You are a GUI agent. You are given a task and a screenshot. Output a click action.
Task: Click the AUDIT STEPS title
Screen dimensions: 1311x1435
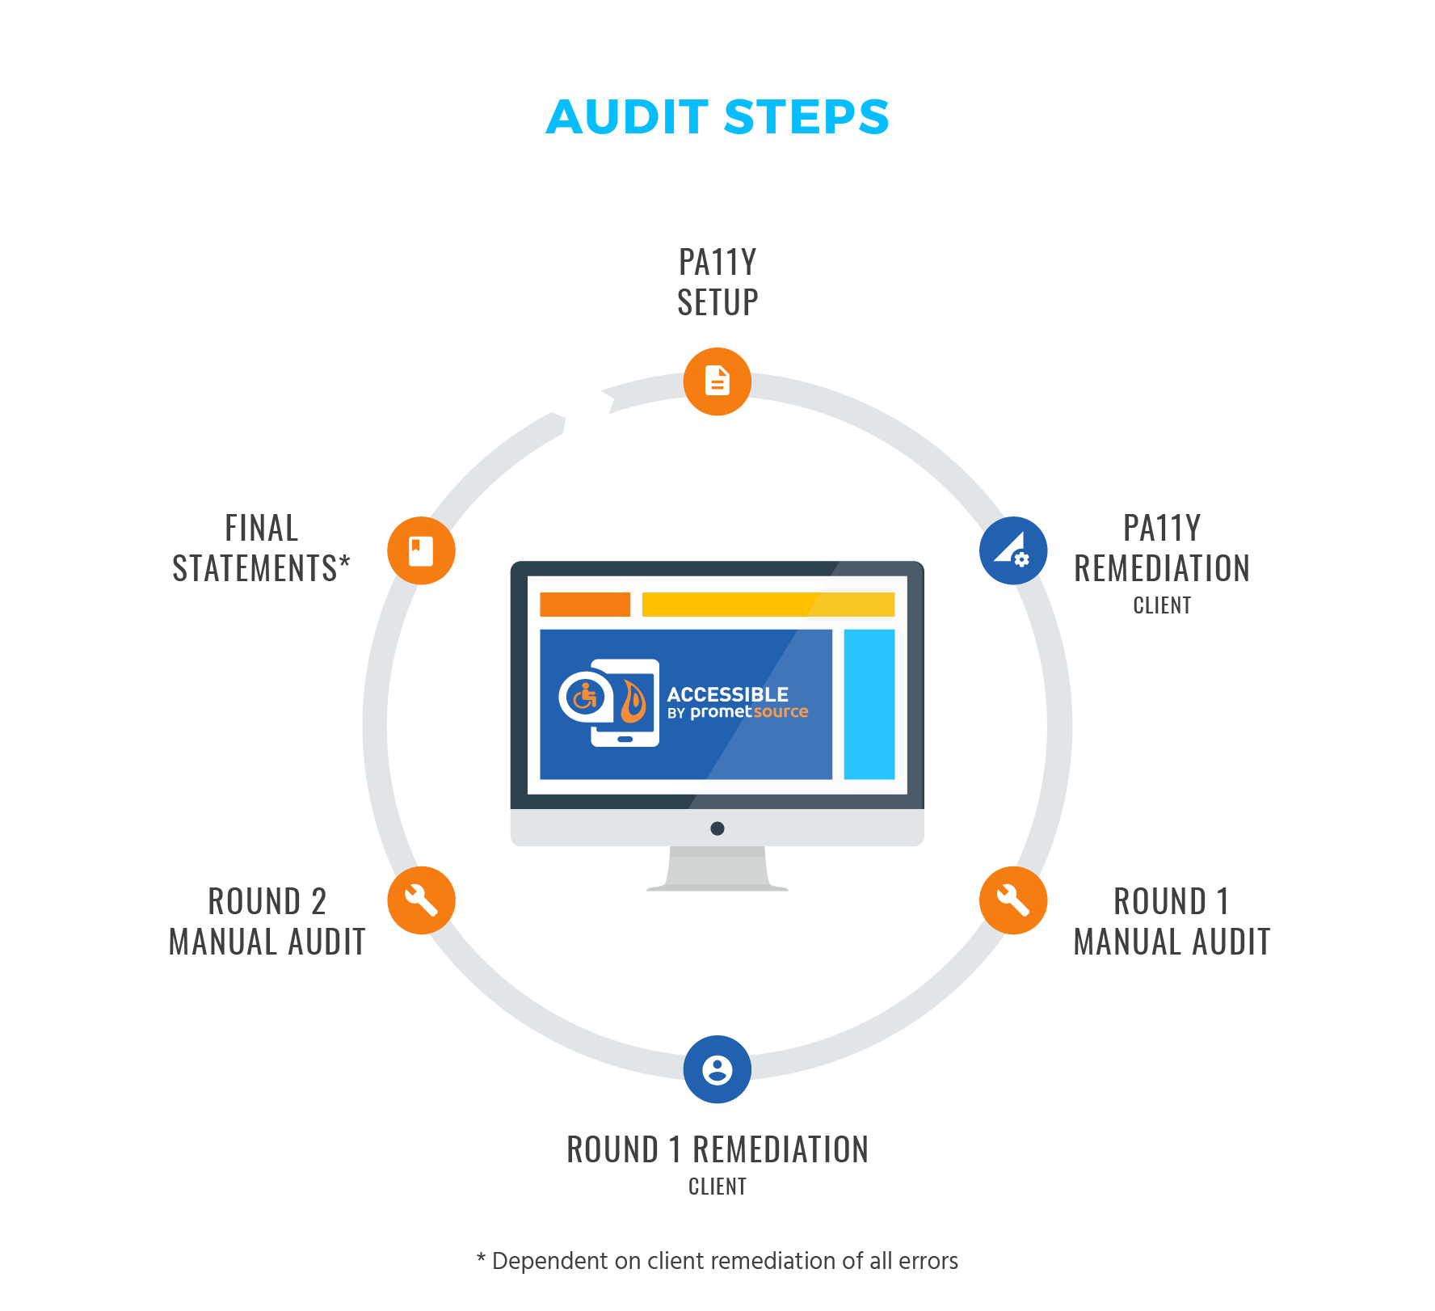coord(717,117)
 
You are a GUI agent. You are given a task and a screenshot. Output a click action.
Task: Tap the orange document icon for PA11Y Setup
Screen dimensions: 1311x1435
coord(717,381)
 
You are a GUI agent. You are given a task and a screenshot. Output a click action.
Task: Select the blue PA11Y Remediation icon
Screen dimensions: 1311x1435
coord(1013,550)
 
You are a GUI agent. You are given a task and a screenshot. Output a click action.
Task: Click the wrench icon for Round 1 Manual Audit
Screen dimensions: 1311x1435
coord(1013,900)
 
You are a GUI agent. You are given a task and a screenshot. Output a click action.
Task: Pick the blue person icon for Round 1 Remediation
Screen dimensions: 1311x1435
coord(717,1069)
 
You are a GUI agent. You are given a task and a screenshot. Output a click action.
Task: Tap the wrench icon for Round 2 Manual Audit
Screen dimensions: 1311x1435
coord(421,900)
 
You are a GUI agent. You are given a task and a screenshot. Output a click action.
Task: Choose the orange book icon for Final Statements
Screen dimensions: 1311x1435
coord(421,550)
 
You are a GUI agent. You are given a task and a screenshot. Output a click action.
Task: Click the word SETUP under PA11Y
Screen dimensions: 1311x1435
coord(717,303)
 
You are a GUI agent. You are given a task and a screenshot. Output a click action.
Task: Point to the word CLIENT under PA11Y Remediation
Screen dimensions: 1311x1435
coord(1162,605)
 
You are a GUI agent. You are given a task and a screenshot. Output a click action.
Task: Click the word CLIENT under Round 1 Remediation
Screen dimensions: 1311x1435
coord(717,1187)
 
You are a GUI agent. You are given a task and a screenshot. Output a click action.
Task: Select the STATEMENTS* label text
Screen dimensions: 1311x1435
coord(261,568)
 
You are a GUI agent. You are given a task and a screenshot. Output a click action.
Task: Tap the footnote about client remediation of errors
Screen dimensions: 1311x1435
coord(717,1261)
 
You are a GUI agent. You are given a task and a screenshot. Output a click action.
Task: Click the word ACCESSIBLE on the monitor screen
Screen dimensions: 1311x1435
coord(727,694)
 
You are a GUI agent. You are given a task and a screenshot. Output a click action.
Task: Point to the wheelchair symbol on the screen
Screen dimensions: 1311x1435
coord(585,696)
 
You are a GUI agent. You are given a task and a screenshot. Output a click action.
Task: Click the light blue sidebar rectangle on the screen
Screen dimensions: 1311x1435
coord(869,704)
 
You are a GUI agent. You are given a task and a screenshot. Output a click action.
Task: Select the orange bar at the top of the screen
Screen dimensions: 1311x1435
coord(585,605)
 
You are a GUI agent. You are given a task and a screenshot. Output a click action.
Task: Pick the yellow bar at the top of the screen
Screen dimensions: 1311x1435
coord(768,605)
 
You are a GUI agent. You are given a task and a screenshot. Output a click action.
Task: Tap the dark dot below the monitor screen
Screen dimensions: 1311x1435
coord(717,828)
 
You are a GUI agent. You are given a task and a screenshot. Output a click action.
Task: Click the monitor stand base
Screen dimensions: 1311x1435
coord(717,887)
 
